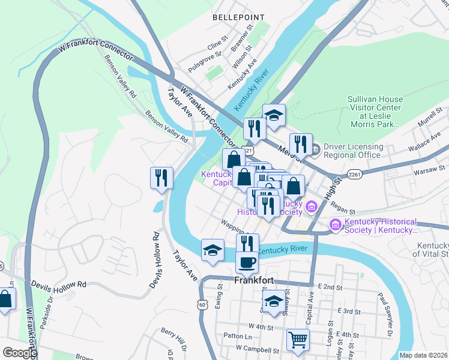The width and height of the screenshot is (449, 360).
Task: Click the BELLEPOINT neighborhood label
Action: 238,18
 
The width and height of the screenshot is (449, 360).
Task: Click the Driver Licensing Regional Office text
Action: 353,151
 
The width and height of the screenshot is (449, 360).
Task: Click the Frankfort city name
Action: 254,280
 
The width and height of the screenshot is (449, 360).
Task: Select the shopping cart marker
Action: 298,340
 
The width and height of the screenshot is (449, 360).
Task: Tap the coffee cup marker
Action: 247,262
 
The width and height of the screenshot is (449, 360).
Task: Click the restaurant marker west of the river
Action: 161,178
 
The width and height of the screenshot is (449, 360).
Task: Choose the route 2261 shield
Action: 355,175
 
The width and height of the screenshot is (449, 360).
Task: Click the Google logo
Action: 19,353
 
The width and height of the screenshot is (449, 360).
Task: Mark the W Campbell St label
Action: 258,349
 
